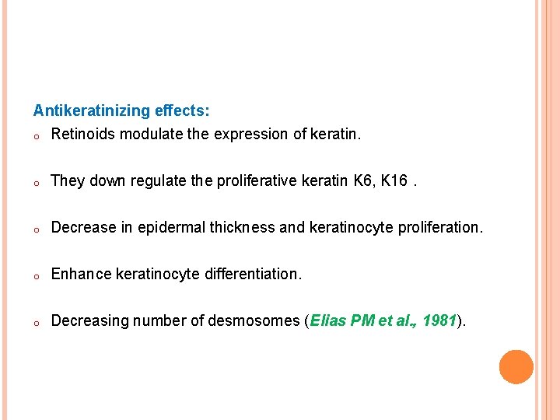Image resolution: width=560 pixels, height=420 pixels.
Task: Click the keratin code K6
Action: coord(362,181)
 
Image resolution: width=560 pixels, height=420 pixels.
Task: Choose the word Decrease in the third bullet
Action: coord(82,228)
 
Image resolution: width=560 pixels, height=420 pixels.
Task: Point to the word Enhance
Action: coord(81,275)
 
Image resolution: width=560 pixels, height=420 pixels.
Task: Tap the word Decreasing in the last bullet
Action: coord(88,321)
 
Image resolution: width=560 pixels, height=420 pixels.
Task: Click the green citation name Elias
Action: coord(327,321)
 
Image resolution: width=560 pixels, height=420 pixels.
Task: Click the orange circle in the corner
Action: coord(516,367)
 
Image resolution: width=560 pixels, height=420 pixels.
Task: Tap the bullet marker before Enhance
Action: coord(37,276)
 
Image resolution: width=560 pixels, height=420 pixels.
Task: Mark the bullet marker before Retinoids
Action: coord(37,136)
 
